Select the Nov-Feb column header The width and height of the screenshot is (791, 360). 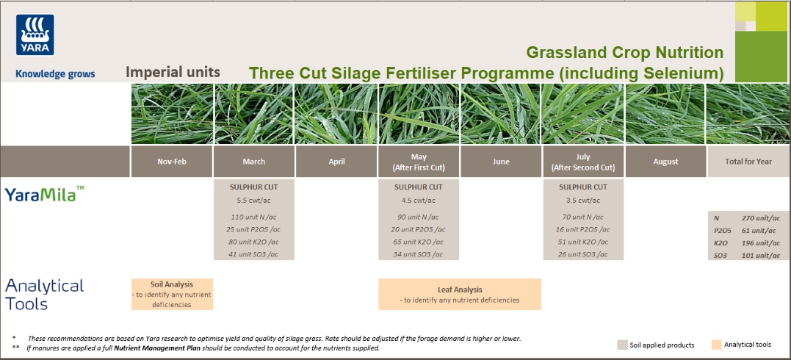[x=172, y=162]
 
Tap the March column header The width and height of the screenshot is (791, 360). [x=253, y=162]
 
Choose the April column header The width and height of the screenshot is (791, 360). [x=336, y=162]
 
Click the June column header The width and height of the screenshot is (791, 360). [x=500, y=162]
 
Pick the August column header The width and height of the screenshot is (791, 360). [x=665, y=162]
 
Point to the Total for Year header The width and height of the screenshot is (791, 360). [x=748, y=162]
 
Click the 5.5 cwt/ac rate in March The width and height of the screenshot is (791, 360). [x=253, y=200]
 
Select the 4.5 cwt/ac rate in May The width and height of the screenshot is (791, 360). [x=418, y=200]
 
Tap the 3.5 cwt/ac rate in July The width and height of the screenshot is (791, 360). [x=583, y=200]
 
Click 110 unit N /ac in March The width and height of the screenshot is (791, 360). [x=253, y=217]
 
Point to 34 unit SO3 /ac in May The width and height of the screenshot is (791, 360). [x=418, y=254]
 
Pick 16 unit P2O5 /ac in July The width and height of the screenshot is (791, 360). [x=583, y=229]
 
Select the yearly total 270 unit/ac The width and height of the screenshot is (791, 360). [x=756, y=218]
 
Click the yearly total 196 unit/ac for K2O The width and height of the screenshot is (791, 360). [x=756, y=243]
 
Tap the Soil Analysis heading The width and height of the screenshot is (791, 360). [x=172, y=284]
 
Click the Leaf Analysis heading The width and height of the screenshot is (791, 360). [x=460, y=289]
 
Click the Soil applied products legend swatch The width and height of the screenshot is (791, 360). [x=623, y=345]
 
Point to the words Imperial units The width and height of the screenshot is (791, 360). [x=173, y=72]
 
